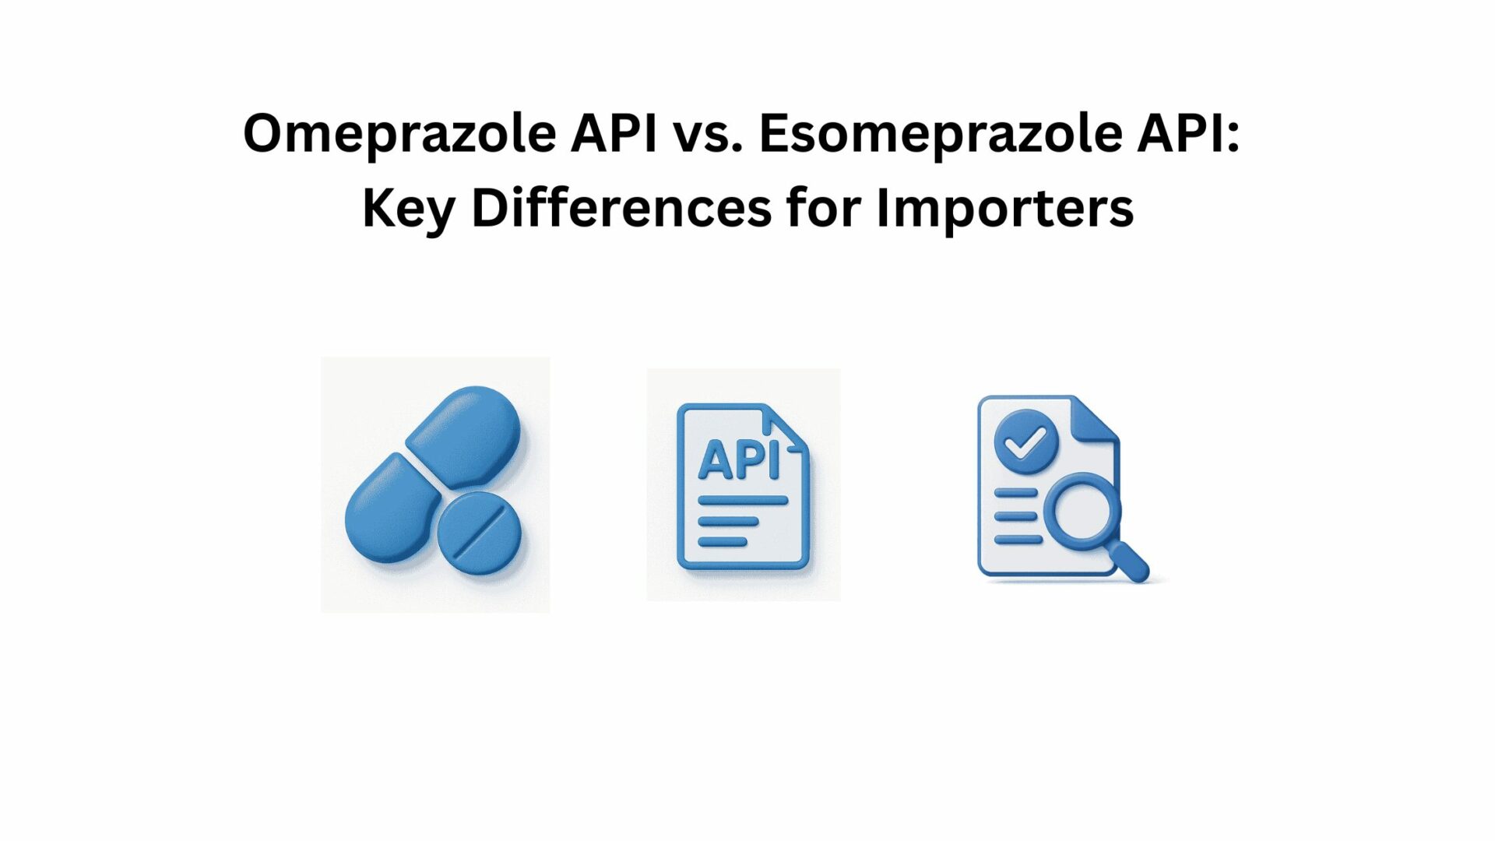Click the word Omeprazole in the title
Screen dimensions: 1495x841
coord(399,134)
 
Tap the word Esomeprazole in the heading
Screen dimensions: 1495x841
coord(941,134)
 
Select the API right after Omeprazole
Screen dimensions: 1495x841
coord(614,132)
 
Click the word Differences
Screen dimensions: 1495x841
coord(621,208)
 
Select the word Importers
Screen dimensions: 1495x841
coord(1005,210)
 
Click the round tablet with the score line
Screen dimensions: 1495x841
coord(479,534)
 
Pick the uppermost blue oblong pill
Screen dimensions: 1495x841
coord(463,438)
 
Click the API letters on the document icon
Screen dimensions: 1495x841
coord(739,460)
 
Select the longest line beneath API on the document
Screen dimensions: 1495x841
coord(743,501)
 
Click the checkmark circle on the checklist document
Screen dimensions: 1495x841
coord(1025,442)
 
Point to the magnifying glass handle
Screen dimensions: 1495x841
coord(1128,561)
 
